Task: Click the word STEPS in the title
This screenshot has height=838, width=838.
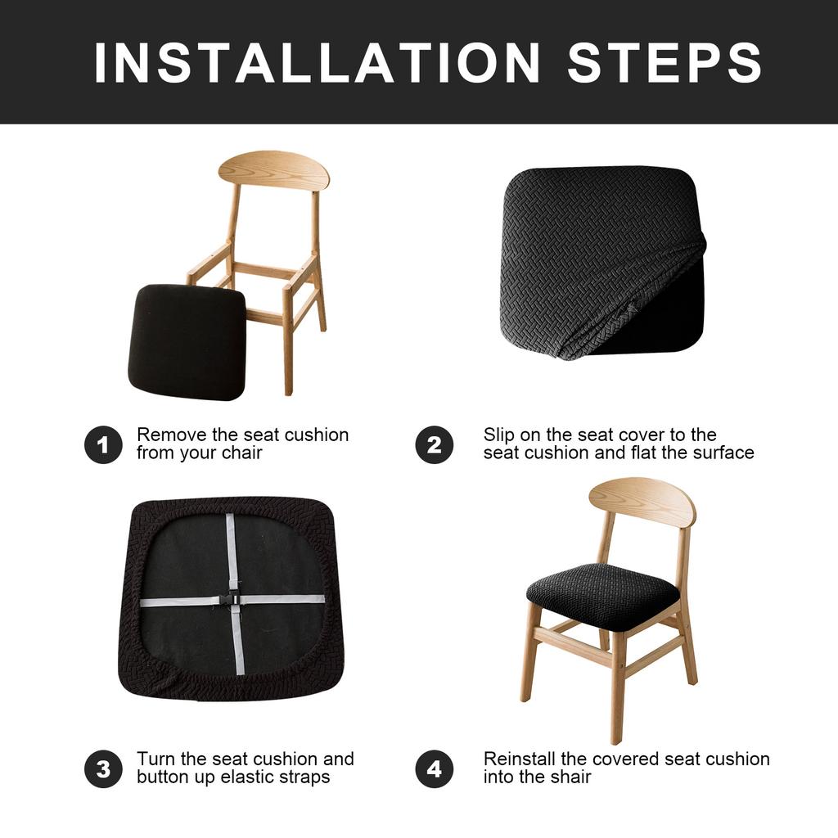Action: click(665, 62)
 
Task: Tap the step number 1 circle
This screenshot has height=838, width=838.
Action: click(103, 445)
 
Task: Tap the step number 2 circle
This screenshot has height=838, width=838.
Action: click(434, 445)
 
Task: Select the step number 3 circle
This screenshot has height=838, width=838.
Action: click(103, 769)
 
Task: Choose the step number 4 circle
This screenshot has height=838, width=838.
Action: click(434, 769)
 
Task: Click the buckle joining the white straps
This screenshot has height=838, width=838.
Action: click(231, 599)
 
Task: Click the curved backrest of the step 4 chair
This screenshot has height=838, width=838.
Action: click(642, 502)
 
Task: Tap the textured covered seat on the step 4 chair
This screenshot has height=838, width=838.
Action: click(603, 596)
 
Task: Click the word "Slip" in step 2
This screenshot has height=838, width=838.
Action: click(498, 435)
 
